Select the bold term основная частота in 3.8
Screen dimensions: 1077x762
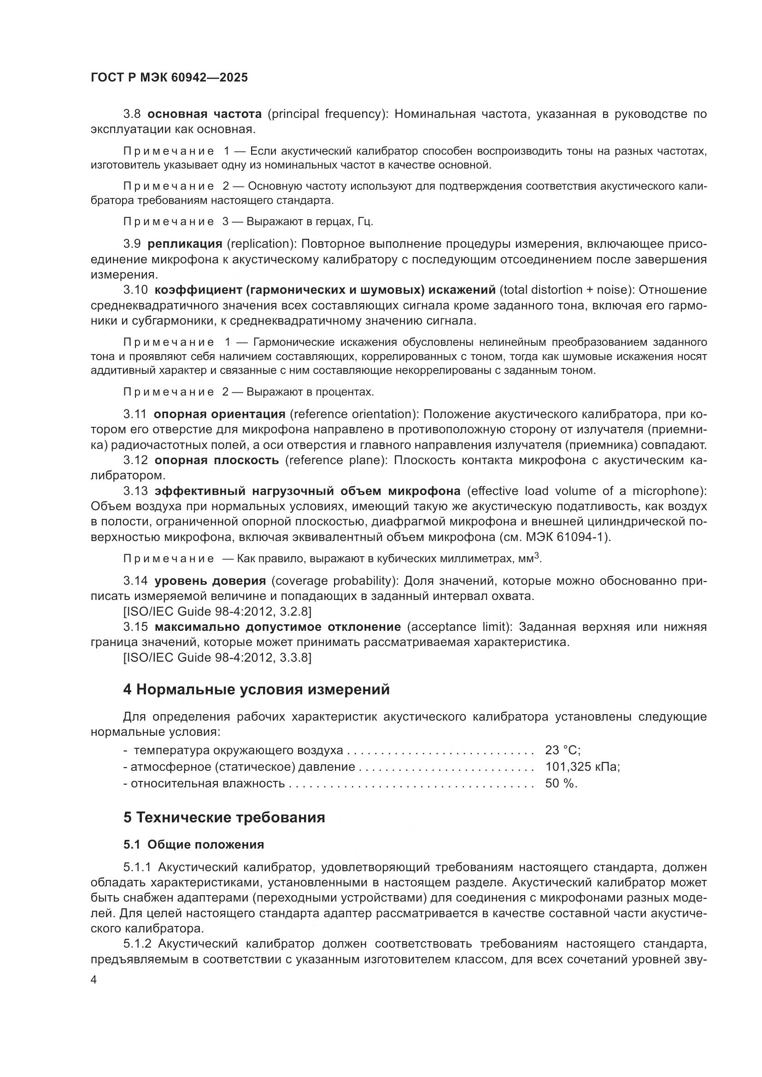pos(205,114)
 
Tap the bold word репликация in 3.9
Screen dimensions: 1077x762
pos(185,244)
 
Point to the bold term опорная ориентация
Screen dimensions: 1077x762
pos(220,414)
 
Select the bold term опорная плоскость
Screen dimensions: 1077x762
pos(217,460)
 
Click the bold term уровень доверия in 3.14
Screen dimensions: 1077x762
pos(210,581)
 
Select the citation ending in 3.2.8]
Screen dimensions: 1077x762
pos(217,611)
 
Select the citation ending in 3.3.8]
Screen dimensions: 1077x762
pos(217,658)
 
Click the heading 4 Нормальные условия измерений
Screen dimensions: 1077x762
pos(256,690)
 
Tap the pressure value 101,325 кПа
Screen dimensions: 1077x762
pos(582,767)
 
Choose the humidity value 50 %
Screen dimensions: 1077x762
pos(561,783)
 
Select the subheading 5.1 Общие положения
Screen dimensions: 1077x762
pos(193,844)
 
